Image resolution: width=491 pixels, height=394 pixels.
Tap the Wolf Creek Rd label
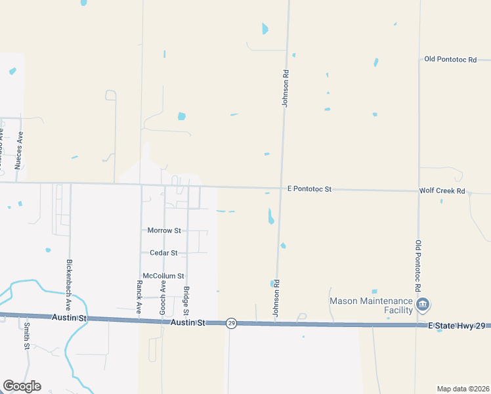pyautogui.click(x=442, y=191)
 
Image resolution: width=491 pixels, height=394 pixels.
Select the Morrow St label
pyautogui.click(x=164, y=230)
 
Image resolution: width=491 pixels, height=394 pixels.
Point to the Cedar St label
pyautogui.click(x=164, y=253)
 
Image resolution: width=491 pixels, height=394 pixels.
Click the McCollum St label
pyautogui.click(x=163, y=276)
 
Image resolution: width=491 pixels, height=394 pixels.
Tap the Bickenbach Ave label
pyautogui.click(x=68, y=285)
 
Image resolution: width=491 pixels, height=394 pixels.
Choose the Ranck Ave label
pyautogui.click(x=139, y=297)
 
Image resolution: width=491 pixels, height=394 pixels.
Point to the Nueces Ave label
pyautogui.click(x=20, y=151)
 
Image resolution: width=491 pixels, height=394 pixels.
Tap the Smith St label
pyautogui.click(x=27, y=336)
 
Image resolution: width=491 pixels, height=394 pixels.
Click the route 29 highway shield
pyautogui.click(x=231, y=323)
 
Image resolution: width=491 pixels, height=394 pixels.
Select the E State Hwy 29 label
pyautogui.click(x=458, y=326)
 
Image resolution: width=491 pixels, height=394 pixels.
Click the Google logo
pyautogui.click(x=21, y=386)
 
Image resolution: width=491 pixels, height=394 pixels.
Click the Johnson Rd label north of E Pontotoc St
pyautogui.click(x=286, y=85)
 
